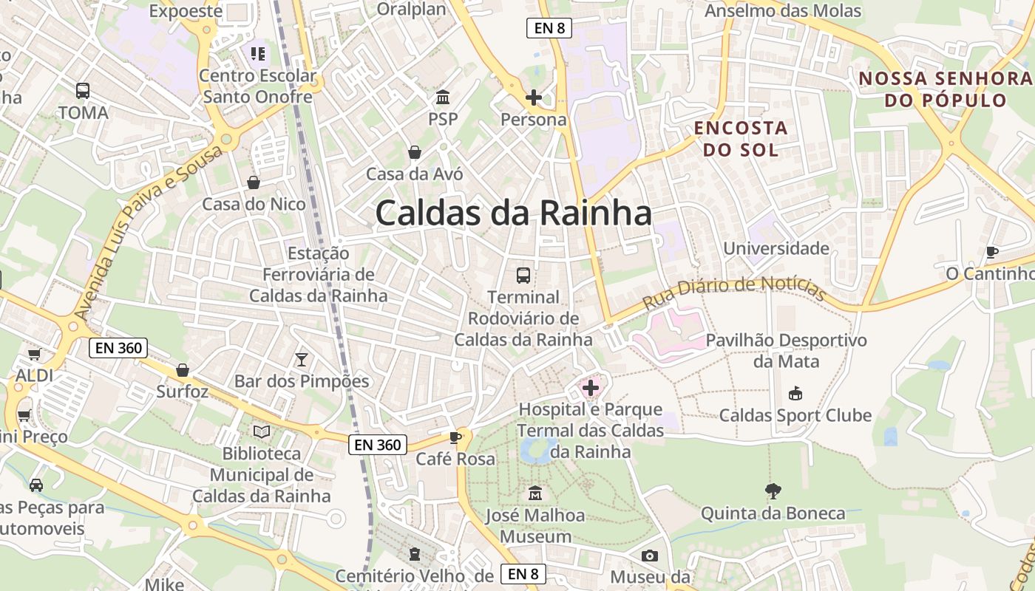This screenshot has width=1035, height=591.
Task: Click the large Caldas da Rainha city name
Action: (x=513, y=213)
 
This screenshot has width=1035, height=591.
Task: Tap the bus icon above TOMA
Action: (x=83, y=91)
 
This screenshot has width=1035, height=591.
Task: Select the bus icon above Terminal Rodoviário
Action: (x=523, y=276)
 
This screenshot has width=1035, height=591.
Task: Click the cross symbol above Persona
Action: (x=533, y=98)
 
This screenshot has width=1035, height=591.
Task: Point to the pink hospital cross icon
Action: (x=591, y=388)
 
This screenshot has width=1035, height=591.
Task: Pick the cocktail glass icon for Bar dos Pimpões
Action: (x=302, y=360)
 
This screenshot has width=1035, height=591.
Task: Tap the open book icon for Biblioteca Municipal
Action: (x=262, y=431)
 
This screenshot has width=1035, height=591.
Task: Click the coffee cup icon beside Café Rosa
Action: (x=455, y=437)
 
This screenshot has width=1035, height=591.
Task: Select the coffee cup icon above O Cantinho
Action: (x=992, y=252)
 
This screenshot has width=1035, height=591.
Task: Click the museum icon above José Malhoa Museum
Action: (x=535, y=493)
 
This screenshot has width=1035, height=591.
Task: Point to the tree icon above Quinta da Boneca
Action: (x=773, y=491)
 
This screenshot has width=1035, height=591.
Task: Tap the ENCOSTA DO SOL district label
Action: (x=741, y=139)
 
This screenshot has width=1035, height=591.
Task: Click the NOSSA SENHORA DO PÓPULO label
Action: (x=946, y=89)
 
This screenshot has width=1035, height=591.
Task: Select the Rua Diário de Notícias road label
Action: (x=733, y=293)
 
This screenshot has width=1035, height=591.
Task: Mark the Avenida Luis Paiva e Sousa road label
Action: (x=147, y=233)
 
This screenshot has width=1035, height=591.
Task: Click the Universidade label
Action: (x=776, y=248)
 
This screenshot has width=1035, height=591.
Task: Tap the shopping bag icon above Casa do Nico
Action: (x=254, y=182)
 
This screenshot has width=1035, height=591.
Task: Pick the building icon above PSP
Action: (x=443, y=98)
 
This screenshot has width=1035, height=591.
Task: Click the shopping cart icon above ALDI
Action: (x=34, y=355)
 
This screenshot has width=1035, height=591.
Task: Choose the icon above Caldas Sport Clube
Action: (x=795, y=393)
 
